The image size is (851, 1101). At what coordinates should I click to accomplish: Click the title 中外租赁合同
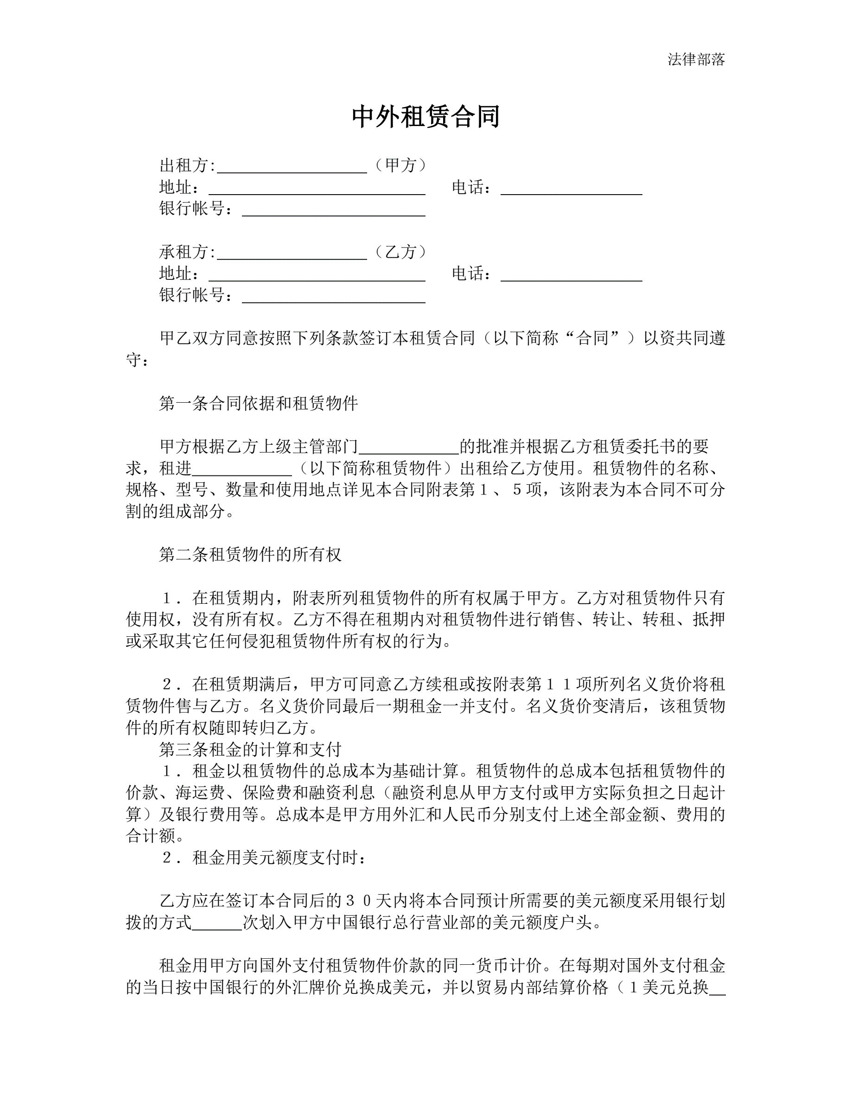[425, 116]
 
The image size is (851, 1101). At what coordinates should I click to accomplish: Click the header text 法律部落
[696, 59]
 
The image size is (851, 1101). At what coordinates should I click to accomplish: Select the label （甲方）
[401, 165]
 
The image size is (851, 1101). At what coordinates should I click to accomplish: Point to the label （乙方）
[401, 252]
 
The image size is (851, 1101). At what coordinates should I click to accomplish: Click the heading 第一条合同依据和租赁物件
[258, 403]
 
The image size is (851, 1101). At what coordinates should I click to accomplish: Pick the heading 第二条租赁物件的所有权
[250, 555]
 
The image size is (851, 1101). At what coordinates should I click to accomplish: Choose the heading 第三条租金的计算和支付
[250, 750]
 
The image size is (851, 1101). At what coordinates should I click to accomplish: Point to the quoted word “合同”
[597, 338]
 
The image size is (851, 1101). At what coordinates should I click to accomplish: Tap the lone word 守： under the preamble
[137, 360]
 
